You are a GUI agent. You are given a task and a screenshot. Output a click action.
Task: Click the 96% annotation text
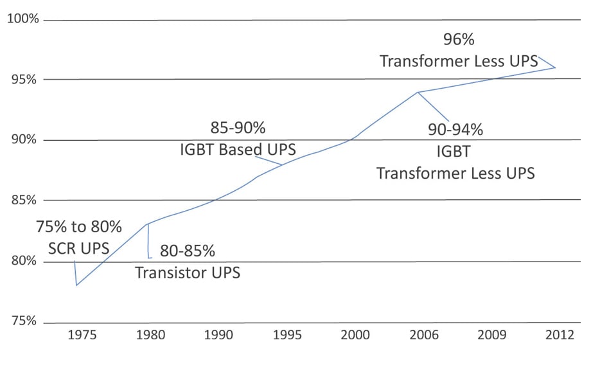tap(459, 40)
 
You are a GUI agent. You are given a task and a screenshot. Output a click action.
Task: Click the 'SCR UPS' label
tap(78, 248)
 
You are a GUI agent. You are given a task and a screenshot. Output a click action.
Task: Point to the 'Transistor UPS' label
tap(188, 273)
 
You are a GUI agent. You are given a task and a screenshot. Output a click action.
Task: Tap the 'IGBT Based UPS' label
tap(238, 150)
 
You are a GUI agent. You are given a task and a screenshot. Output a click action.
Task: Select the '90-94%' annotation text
tap(455, 130)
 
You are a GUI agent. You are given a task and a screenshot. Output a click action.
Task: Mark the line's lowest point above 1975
tap(76, 285)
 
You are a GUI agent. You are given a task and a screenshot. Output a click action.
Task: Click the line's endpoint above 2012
tap(556, 67)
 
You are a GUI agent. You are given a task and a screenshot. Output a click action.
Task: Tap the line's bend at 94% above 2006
tap(418, 92)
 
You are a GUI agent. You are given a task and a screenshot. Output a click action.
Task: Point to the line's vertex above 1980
tap(148, 224)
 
